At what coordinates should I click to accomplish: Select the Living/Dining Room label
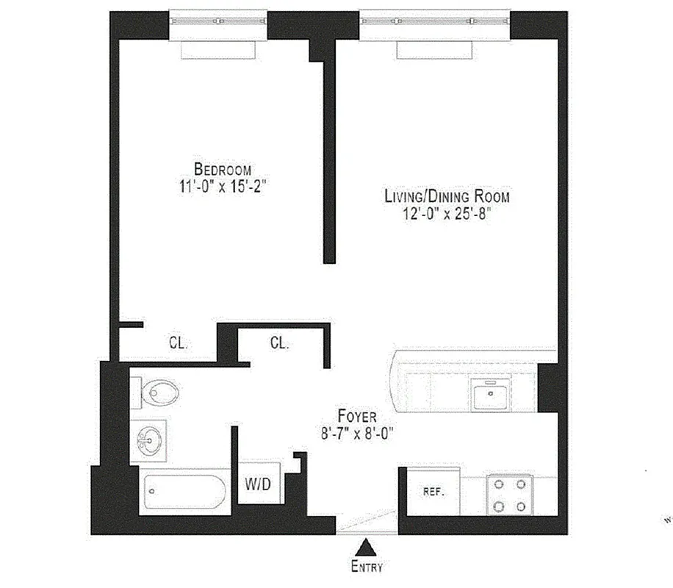click(x=447, y=196)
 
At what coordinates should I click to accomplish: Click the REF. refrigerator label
click(x=433, y=492)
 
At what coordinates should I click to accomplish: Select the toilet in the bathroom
click(x=157, y=394)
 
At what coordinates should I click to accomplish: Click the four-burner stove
click(x=510, y=495)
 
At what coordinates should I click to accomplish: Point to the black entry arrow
click(x=365, y=548)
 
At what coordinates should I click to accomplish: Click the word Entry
click(x=366, y=567)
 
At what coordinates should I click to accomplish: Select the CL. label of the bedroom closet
click(x=179, y=343)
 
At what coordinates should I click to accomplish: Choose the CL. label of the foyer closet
click(x=279, y=343)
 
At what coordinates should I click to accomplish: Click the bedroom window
click(x=217, y=21)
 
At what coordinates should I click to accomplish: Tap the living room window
click(x=434, y=21)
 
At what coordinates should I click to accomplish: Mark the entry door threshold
click(x=367, y=525)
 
